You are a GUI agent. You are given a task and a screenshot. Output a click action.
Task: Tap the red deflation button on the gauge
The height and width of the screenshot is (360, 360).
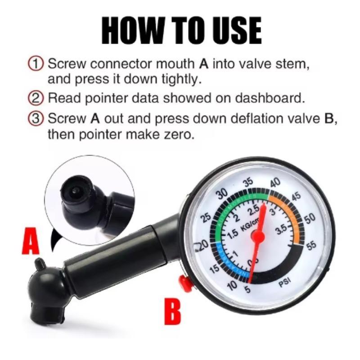[x=185, y=283]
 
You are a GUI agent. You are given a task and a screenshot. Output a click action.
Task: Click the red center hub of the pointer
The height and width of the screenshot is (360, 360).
[x=257, y=235]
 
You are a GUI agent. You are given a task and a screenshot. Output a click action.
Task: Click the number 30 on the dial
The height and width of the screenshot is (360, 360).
[x=221, y=194]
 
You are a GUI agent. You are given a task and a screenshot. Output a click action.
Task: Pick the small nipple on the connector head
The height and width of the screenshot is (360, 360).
[x=39, y=262]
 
